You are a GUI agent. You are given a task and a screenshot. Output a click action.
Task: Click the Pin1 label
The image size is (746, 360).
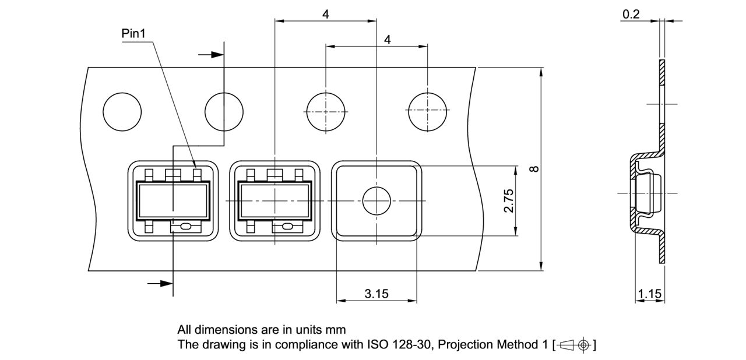coord(133,34)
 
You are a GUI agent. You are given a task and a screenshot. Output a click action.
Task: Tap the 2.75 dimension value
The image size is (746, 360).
coord(508,200)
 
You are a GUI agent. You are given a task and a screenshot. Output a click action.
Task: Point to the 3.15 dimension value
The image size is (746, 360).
coord(376,294)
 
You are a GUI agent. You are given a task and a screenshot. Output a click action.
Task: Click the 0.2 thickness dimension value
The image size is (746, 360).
coord(631,14)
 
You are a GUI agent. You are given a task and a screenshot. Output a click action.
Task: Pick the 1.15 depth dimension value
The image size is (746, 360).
coord(650,294)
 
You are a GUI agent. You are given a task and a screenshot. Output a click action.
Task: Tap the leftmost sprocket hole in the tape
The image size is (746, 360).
coord(122,111)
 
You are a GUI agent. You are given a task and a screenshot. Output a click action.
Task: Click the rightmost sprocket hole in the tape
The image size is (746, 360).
coord(428,111)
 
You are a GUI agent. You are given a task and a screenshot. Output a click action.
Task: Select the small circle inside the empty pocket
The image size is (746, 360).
coord(376,201)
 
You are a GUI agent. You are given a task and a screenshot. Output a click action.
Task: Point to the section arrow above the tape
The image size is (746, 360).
coord(211,55)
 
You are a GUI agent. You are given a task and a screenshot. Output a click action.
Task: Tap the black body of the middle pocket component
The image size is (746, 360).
coord(275,200)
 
